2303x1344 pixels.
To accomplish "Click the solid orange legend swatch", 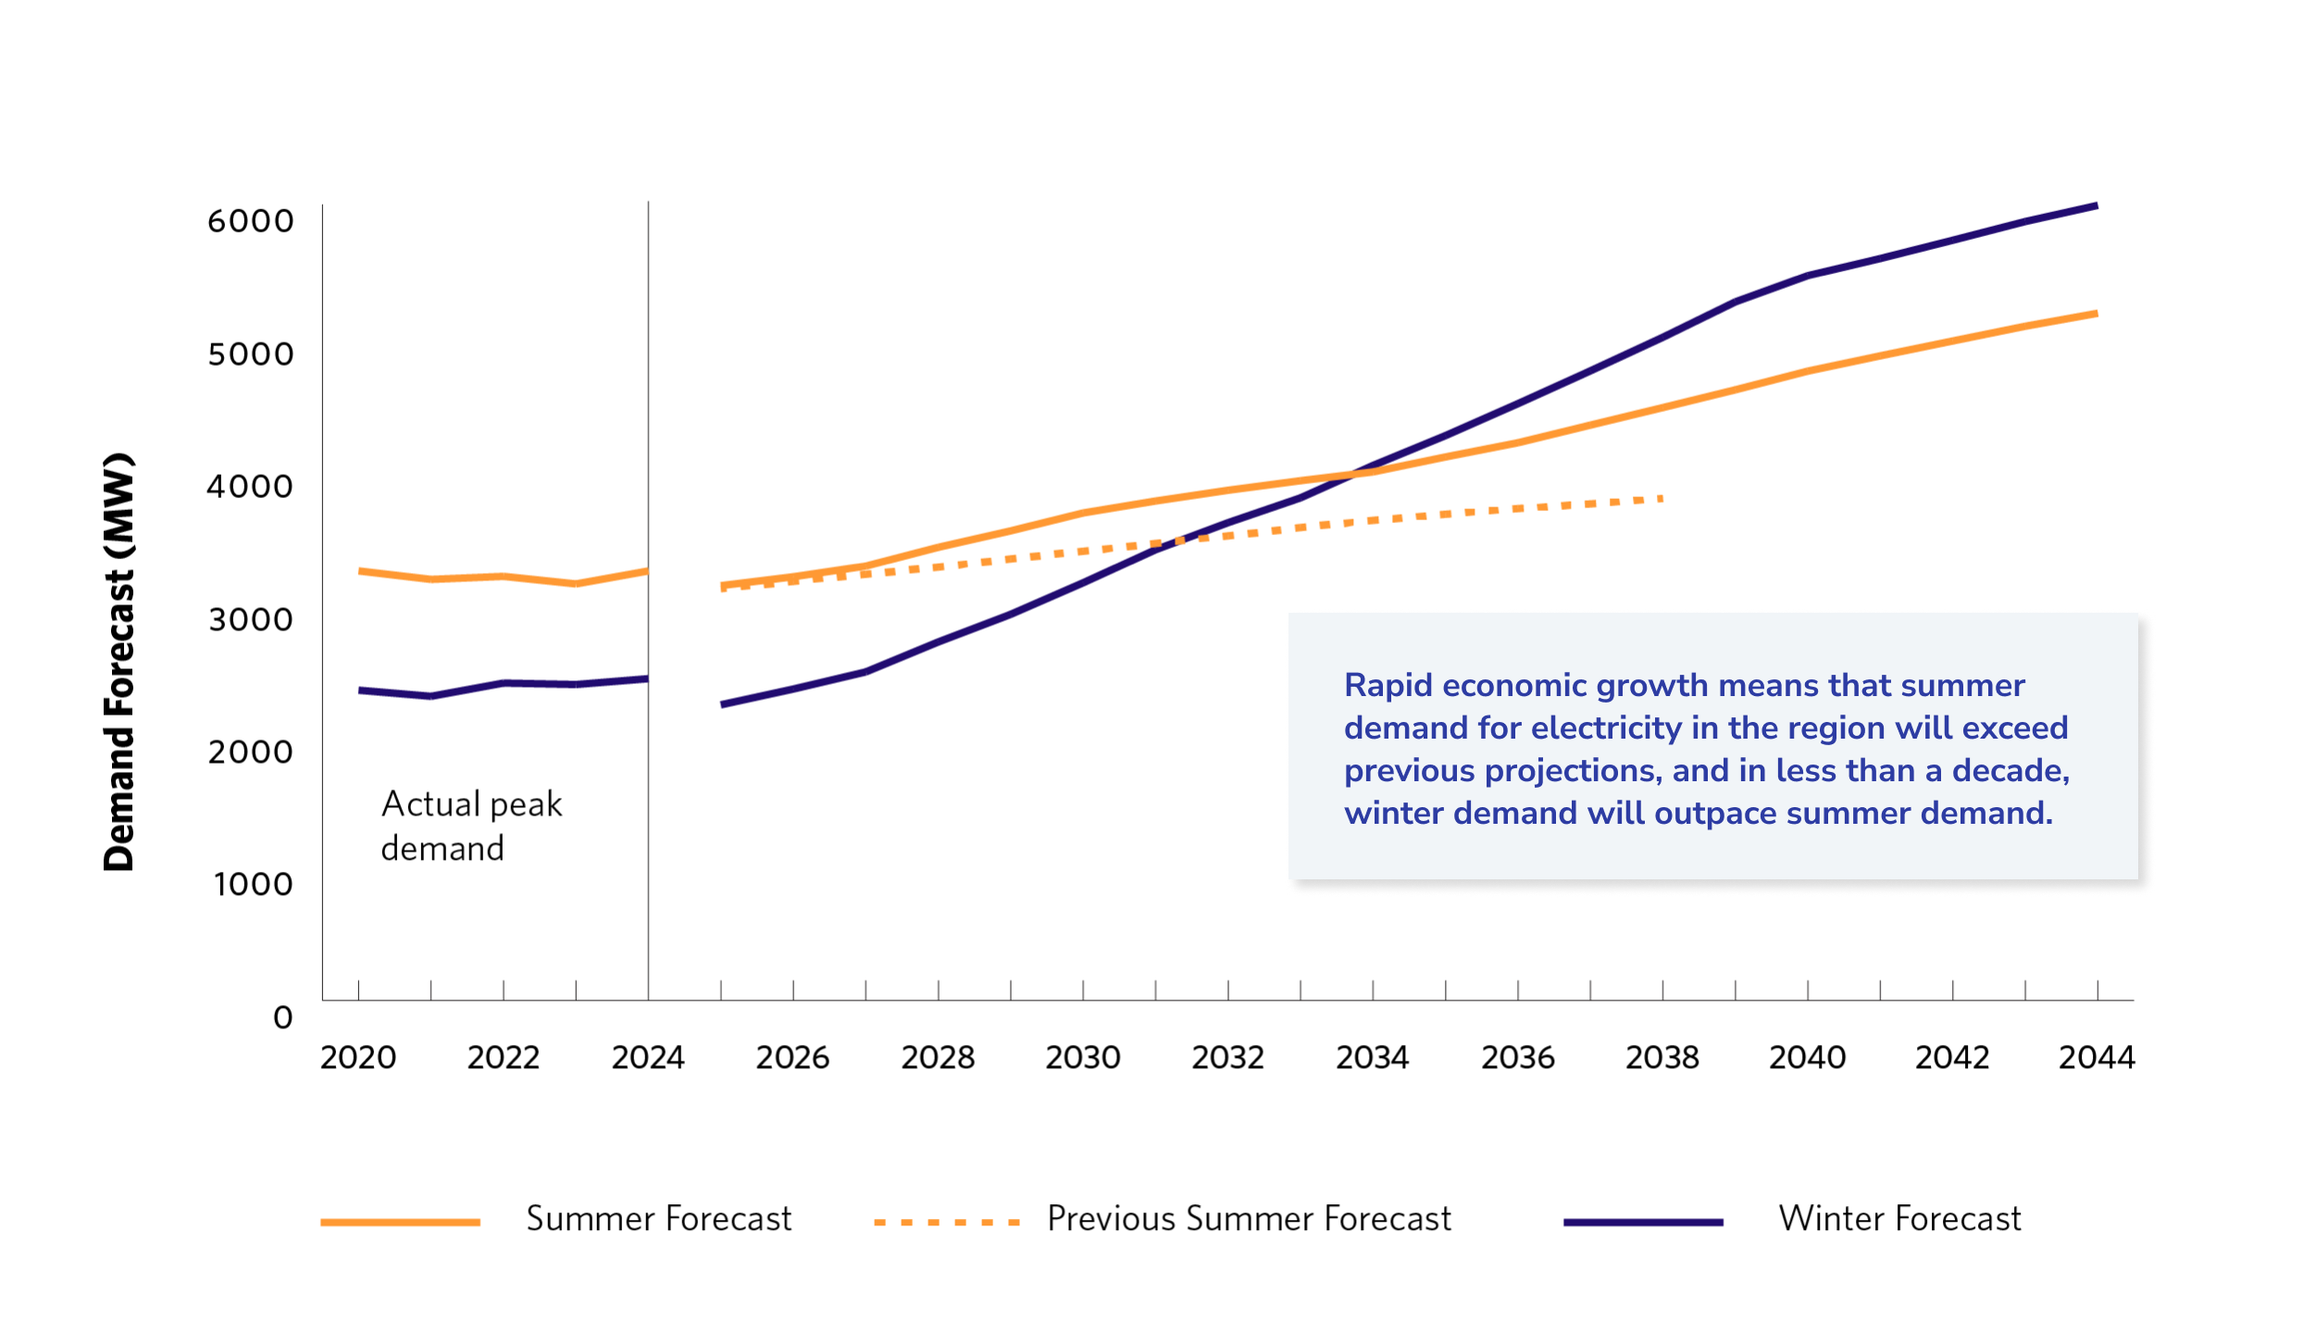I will [400, 1223].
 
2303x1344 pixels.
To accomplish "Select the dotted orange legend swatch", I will [946, 1223].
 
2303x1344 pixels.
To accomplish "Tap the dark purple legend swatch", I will [1643, 1223].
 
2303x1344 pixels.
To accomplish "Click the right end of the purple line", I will [2097, 206].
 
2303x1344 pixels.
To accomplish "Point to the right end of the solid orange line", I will [2097, 314].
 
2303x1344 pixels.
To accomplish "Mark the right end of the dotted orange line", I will [1662, 499].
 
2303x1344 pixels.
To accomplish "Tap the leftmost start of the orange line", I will [360, 571].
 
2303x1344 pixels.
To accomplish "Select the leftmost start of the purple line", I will [360, 691].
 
